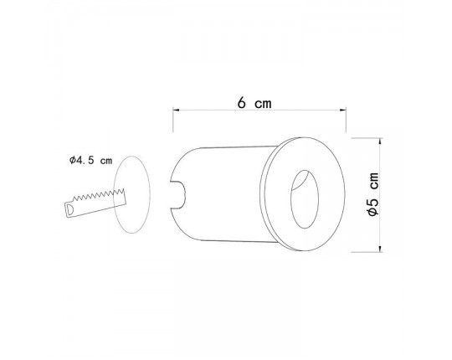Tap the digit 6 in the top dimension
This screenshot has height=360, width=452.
click(x=242, y=104)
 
